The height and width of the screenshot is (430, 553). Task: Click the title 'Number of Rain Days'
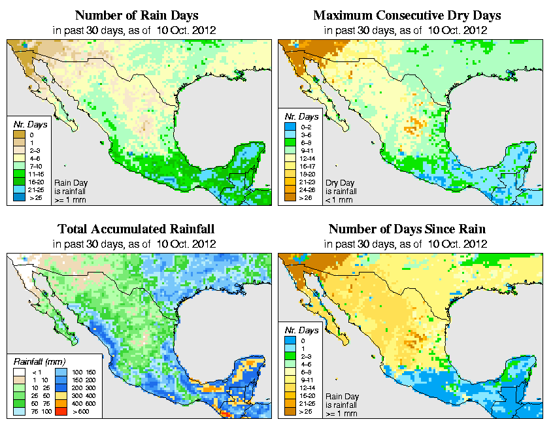136,15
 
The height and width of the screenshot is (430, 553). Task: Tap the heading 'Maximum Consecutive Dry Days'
407,15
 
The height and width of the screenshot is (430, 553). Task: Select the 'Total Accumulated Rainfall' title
136,229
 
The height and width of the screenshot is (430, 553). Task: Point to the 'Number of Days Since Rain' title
407,229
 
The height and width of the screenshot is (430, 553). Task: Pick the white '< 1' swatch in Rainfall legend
18,372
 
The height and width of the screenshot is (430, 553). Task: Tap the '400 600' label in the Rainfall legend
86,403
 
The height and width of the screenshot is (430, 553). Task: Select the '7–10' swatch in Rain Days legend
18,166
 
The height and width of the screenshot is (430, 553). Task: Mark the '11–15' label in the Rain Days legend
35,174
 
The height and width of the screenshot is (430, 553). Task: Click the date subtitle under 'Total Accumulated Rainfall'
136,244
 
